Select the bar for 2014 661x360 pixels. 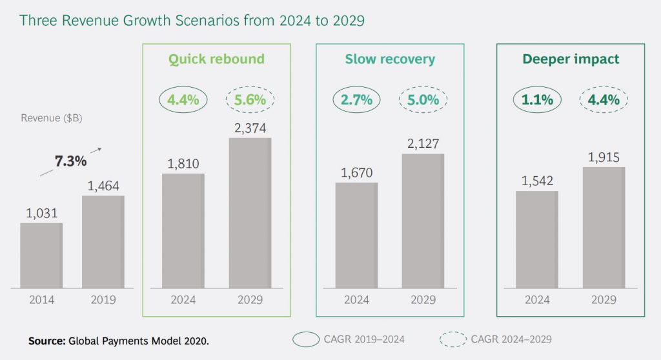[41, 255]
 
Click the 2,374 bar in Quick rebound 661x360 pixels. [250, 213]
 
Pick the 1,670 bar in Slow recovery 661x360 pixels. [356, 235]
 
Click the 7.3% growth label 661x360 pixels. [70, 161]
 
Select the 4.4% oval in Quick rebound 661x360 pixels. [183, 100]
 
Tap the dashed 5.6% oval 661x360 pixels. [250, 100]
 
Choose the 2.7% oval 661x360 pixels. [356, 100]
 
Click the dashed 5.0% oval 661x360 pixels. [423, 100]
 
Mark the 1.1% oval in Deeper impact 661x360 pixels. [537, 100]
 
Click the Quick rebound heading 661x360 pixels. [216, 59]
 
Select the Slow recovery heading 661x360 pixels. [389, 59]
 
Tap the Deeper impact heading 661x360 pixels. [570, 59]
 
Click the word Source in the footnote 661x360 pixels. [46, 340]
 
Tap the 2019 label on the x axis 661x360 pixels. [103, 300]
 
